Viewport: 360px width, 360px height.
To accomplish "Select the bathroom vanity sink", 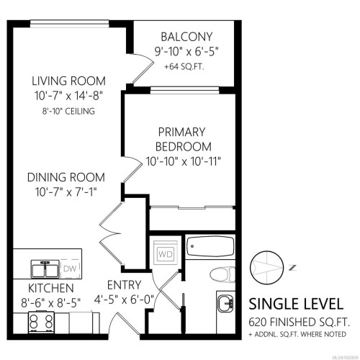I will click(x=225, y=302).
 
